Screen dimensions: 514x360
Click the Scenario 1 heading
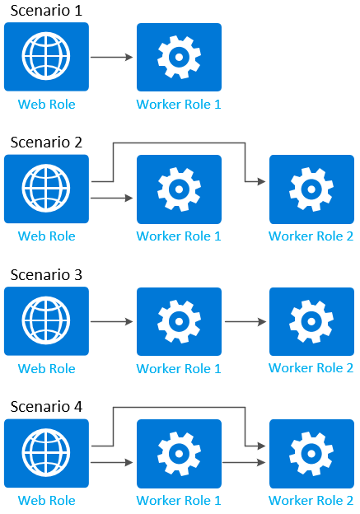click(x=45, y=11)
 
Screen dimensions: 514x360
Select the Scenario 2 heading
click(x=45, y=143)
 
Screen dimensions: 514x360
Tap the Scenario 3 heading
click(x=45, y=274)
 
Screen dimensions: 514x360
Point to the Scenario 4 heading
click(x=45, y=406)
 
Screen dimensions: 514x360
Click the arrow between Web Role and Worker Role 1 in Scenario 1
click(x=112, y=58)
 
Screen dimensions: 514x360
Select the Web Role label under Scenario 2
click(x=46, y=236)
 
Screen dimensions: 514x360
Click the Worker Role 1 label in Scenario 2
click(x=179, y=236)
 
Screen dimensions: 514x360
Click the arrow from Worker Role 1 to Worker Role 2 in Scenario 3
click(x=245, y=321)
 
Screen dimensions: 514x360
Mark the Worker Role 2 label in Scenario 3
click(x=311, y=368)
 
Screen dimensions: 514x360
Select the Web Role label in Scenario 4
click(x=46, y=500)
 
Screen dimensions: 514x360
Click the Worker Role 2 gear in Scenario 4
click(x=311, y=453)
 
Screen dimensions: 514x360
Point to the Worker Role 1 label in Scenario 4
click(x=179, y=500)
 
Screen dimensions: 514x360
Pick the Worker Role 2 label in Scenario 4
click(x=311, y=500)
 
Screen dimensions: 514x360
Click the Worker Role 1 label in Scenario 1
click(x=179, y=105)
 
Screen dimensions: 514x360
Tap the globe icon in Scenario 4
click(x=46, y=453)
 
